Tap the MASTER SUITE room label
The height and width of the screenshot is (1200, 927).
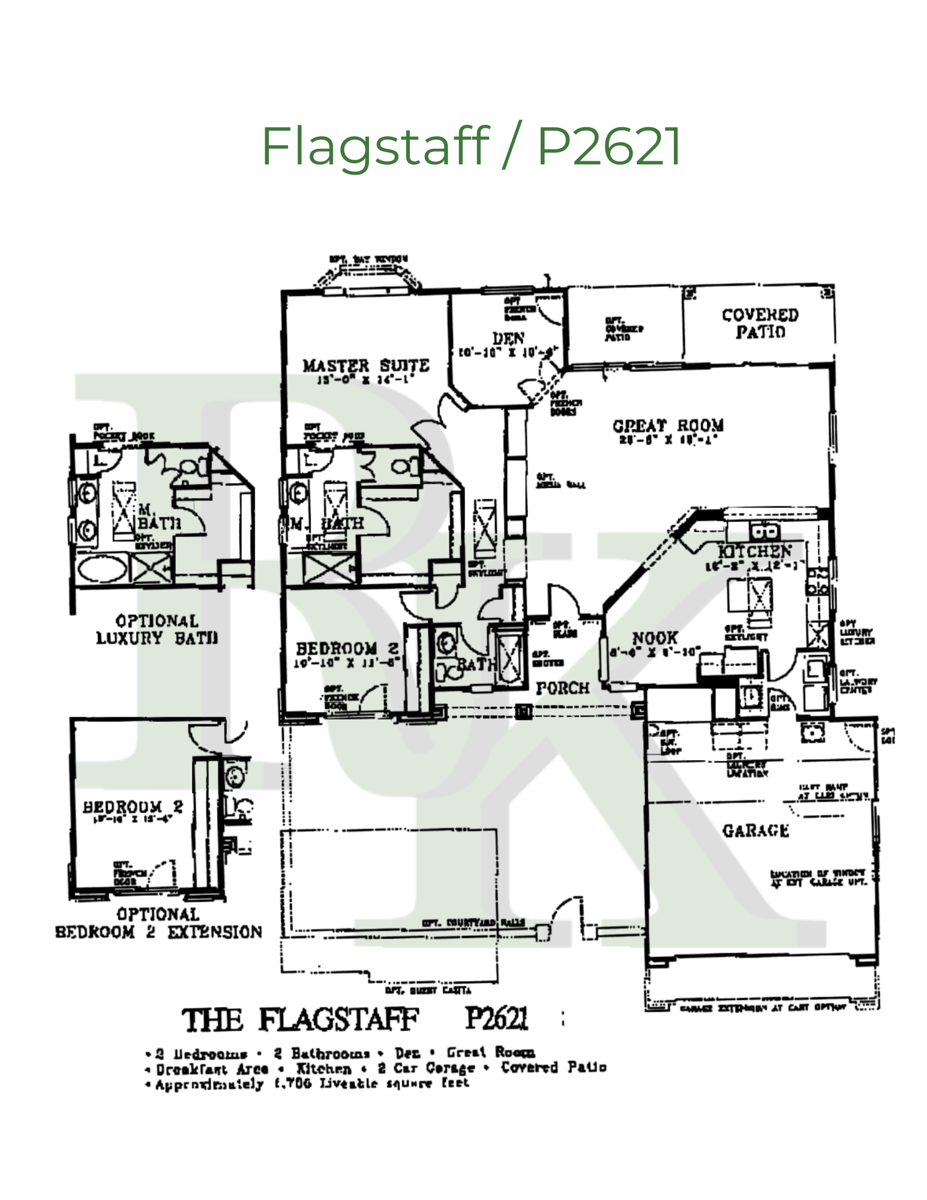(x=365, y=365)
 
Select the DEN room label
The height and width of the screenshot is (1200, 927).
(x=508, y=338)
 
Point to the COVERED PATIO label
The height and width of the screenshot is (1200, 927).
(x=760, y=323)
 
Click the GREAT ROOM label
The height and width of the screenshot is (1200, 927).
(x=668, y=425)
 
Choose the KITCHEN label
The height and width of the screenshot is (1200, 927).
(x=755, y=551)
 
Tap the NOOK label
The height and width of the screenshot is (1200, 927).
(x=655, y=638)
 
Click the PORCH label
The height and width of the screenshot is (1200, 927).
(x=562, y=688)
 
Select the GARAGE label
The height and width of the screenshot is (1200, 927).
(x=755, y=830)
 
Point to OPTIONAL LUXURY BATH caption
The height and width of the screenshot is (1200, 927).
(x=157, y=629)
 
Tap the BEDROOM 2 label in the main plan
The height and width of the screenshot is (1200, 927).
(x=347, y=649)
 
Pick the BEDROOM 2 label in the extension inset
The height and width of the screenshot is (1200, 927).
(x=133, y=807)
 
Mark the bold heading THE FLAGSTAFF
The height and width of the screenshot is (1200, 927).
(x=300, y=1021)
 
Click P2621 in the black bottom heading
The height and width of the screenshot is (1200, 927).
(x=497, y=1018)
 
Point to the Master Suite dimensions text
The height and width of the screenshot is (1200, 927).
(x=365, y=380)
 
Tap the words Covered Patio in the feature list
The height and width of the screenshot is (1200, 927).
(x=553, y=1067)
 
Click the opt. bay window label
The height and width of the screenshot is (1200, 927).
(x=368, y=259)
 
